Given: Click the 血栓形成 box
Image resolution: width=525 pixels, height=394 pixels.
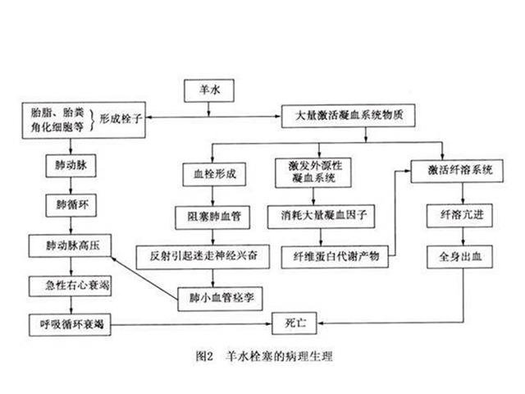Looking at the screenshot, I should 209,175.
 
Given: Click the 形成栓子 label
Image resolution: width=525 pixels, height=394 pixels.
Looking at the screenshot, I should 121,118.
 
